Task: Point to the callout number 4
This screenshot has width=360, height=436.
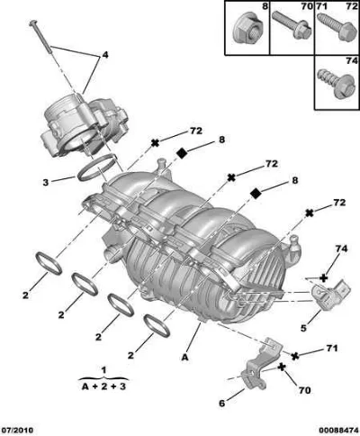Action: (105, 55)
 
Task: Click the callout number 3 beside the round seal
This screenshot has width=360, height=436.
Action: (45, 182)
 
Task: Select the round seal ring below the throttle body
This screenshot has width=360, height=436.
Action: (97, 168)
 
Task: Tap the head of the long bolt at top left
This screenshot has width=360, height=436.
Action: (33, 23)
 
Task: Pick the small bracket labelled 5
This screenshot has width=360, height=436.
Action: (331, 292)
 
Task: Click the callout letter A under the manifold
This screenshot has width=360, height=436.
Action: (185, 357)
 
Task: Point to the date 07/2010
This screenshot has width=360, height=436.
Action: (17, 430)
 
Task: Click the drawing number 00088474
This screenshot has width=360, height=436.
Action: (339, 430)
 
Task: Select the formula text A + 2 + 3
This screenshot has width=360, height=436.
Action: (103, 386)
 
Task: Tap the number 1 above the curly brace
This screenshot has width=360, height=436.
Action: (103, 370)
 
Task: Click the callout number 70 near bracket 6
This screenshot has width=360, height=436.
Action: (304, 390)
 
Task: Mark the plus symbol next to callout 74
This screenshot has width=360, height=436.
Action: (323, 278)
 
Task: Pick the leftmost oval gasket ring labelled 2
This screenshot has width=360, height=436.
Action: (49, 263)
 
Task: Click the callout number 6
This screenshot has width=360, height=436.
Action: (221, 403)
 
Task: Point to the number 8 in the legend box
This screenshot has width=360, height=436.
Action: (265, 6)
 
